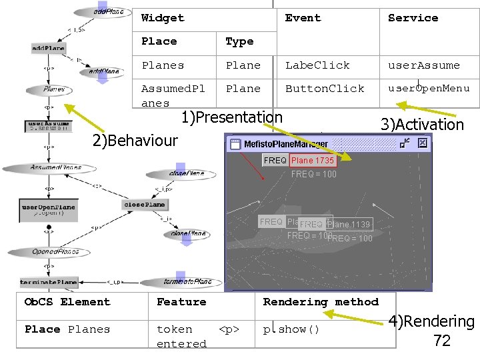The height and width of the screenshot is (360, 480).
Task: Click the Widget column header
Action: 163,18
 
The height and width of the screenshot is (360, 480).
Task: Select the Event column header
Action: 303,18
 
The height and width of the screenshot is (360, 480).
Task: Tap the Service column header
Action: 413,18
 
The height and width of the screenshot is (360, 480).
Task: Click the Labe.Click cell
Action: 317,65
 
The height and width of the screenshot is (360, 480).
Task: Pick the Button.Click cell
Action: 325,88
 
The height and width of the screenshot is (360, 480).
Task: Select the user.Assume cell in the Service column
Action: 424,65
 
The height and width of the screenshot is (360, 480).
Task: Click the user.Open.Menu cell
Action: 429,88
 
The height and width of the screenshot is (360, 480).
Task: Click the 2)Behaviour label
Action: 135,140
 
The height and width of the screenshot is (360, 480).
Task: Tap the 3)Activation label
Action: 421,125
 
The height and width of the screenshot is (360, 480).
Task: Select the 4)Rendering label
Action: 432,322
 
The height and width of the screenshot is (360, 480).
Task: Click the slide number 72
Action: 442,341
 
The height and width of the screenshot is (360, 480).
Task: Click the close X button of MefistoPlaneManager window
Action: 421,143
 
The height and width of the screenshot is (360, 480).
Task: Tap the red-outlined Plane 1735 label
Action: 313,161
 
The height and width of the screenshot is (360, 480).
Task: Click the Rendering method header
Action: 321,302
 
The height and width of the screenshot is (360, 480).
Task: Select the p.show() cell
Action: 291,329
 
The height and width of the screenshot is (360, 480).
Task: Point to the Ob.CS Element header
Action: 67,302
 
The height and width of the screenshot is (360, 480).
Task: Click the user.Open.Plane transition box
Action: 49,211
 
